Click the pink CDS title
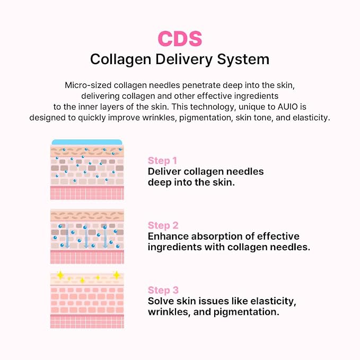180,39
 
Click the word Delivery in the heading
184,59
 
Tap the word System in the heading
243,59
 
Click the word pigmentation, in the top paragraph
206,118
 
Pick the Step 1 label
162,161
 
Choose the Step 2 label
163,225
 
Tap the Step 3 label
163,290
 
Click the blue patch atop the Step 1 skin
87,142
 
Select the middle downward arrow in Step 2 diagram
86,236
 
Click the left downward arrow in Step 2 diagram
67,236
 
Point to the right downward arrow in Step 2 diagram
105,236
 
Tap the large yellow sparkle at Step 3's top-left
60,275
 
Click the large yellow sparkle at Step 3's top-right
117,275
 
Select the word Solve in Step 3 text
159,301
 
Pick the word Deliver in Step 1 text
164,171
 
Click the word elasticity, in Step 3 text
273,302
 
